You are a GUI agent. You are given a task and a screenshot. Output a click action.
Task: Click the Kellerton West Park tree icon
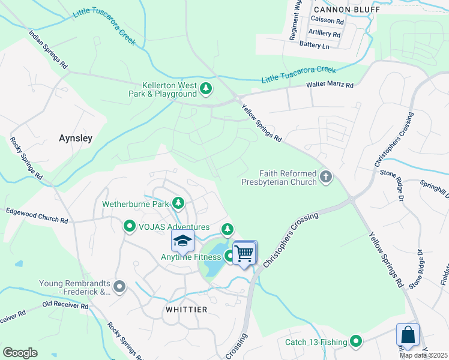pos(206,89)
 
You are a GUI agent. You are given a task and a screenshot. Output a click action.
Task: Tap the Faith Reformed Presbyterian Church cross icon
pos(326,176)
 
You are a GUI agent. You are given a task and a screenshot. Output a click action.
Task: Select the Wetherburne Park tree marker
pos(178,204)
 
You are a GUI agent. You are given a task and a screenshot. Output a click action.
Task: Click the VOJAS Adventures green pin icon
pos(129,227)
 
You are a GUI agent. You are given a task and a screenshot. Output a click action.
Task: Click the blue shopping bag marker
pos(408,335)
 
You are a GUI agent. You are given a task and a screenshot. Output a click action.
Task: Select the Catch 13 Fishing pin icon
pos(356,342)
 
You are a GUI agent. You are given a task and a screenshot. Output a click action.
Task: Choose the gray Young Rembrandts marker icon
pos(120,287)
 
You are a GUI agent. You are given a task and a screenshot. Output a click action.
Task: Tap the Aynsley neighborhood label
pos(76,138)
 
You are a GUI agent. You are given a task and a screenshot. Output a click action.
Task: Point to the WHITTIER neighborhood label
pos(186,310)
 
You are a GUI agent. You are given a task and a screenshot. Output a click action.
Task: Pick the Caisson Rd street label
pos(327,21)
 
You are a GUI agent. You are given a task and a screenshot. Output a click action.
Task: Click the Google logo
pos(20,352)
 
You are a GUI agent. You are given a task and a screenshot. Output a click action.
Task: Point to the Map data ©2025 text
pos(423,355)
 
